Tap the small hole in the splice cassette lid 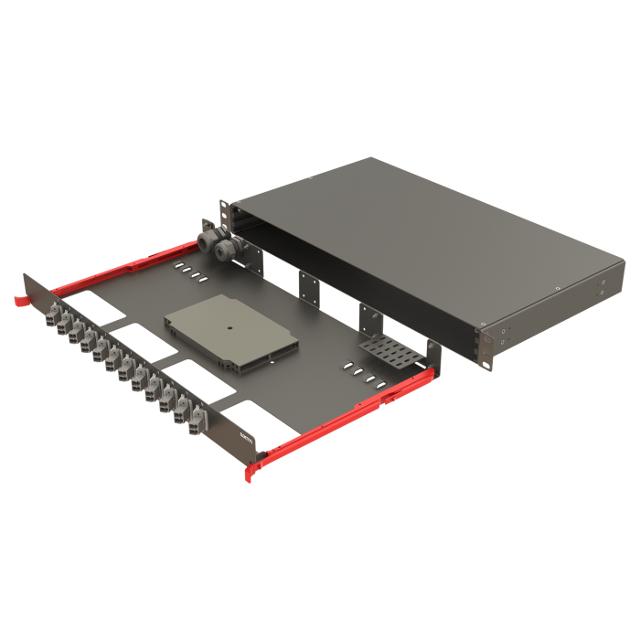point(229,326)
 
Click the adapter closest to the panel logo point(195,421)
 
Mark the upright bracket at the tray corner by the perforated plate point(430,356)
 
